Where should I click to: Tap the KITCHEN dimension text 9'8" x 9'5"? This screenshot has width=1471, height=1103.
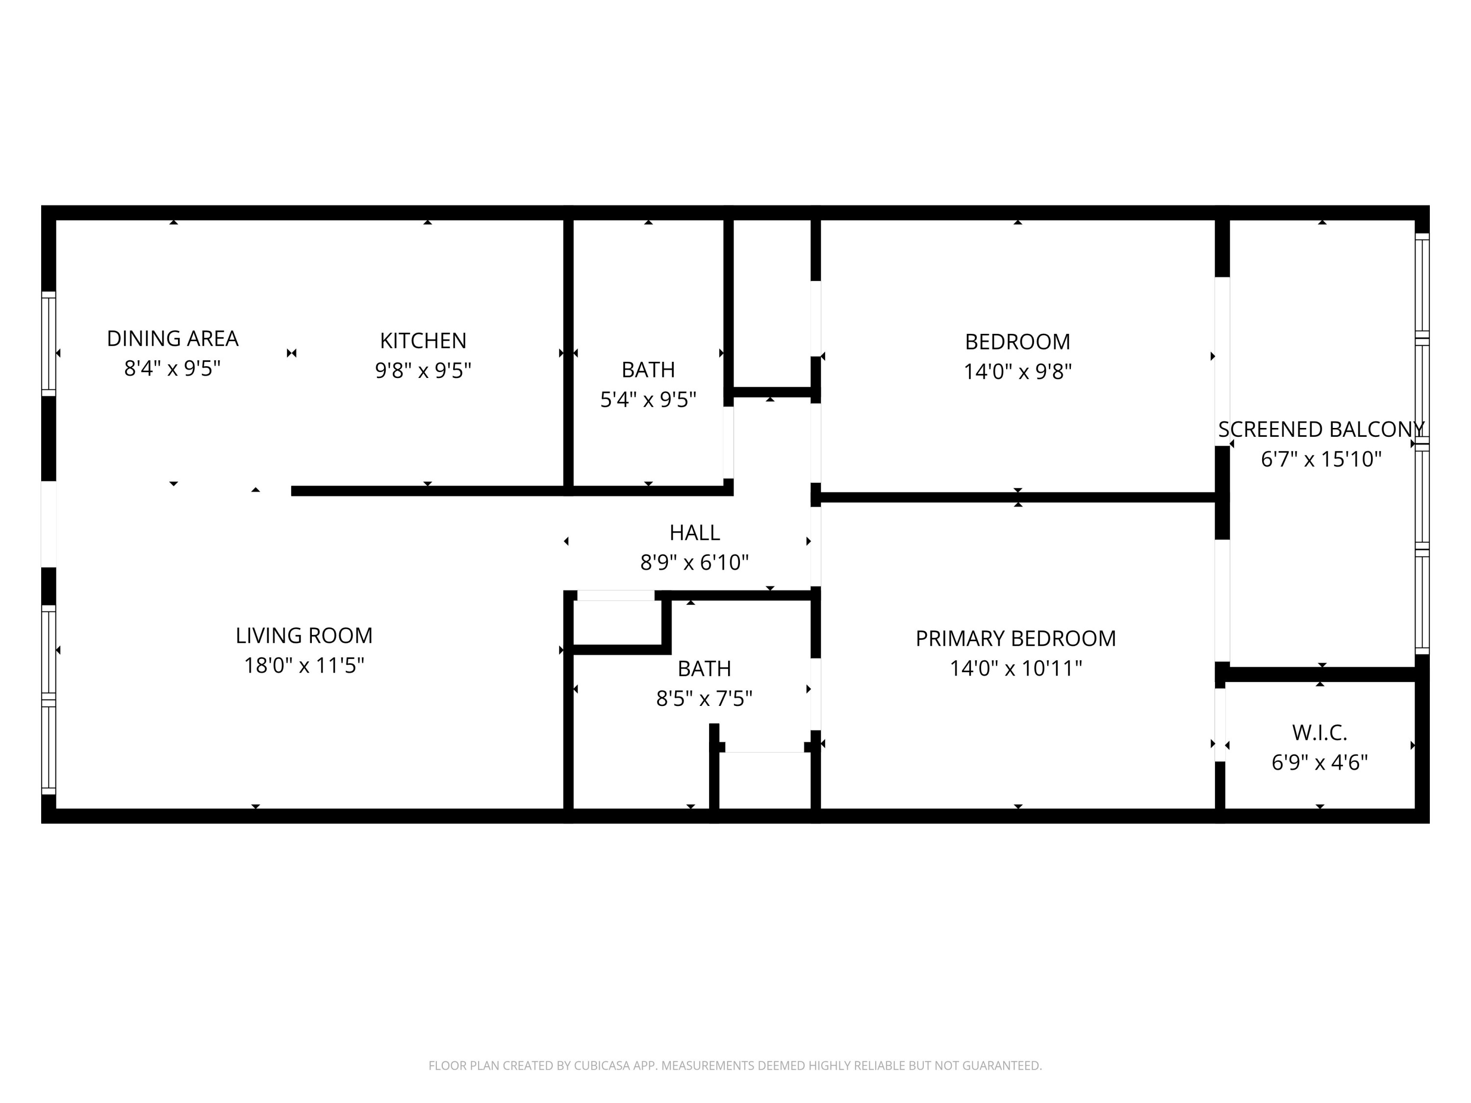[423, 370]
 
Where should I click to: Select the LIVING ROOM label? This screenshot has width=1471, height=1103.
[304, 636]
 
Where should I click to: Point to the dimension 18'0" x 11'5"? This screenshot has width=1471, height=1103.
[304, 666]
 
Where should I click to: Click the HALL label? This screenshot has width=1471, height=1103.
[694, 532]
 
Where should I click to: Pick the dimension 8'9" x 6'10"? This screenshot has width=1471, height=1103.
[694, 562]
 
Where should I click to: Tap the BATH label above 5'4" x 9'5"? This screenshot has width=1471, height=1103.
[648, 370]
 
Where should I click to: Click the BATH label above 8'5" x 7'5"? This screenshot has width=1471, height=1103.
[704, 668]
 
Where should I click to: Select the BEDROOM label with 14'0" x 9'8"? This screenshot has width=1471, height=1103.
[1017, 342]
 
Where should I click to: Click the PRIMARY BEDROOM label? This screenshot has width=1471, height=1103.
[1015, 638]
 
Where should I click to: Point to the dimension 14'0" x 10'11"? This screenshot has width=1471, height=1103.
[1015, 668]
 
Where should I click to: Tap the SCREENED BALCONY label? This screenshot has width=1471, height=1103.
[1320, 429]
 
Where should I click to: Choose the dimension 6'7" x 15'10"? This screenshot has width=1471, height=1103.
[1320, 459]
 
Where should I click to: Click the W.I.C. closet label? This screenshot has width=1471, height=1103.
[1319, 733]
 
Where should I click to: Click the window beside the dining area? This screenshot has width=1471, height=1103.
[49, 344]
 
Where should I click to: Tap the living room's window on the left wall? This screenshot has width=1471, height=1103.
[49, 700]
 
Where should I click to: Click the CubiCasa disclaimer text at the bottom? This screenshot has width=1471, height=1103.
[735, 1066]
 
